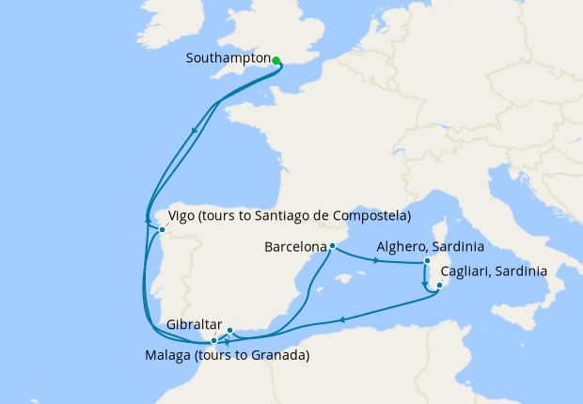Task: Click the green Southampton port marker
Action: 276,60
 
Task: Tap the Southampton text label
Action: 228,58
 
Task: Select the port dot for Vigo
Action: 162,229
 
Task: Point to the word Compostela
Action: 372,217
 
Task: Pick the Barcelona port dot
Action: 332,246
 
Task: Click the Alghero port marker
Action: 427,260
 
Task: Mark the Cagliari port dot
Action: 439,285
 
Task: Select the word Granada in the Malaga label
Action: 278,356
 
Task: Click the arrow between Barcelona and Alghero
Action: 377,259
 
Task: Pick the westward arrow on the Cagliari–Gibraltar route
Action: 341,319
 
